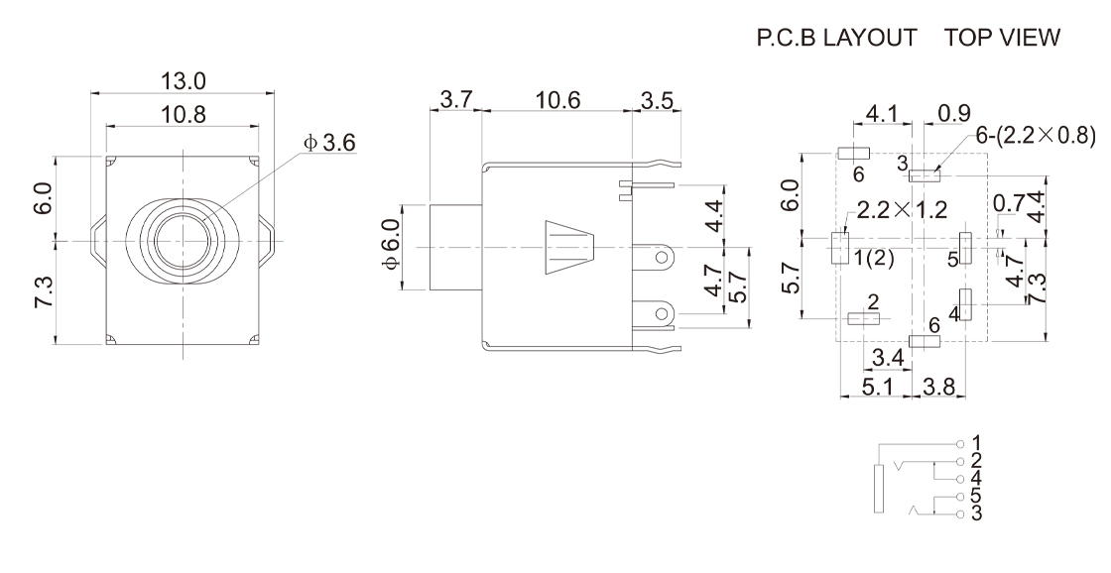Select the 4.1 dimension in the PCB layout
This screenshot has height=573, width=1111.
[x=882, y=114]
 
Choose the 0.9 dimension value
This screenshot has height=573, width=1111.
[x=954, y=114]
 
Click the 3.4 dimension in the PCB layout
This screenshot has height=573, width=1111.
[x=886, y=355]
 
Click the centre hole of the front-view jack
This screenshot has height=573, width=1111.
[x=185, y=241]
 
